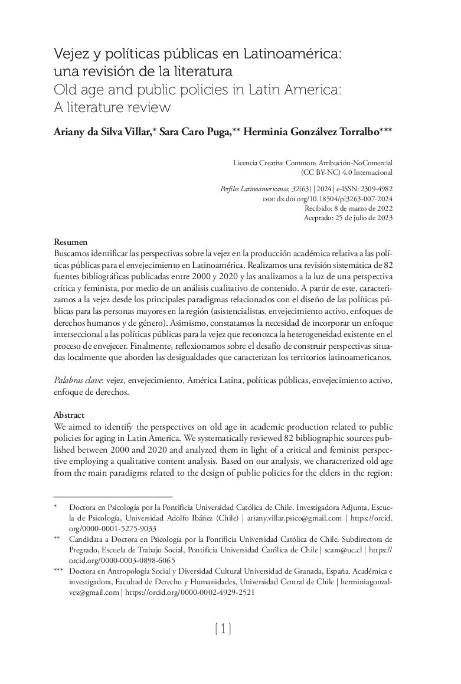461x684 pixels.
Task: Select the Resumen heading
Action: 71,243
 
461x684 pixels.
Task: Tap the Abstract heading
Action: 69,415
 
